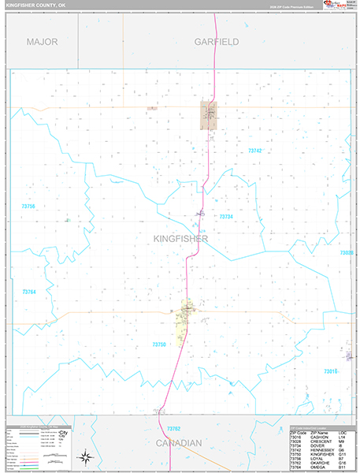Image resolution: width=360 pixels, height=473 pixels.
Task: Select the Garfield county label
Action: [x=217, y=41]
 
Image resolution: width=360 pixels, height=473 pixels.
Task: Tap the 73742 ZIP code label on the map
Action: [x=254, y=151]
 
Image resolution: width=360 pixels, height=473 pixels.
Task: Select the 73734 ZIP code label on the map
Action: [x=227, y=217]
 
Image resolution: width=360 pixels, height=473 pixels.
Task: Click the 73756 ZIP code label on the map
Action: [x=28, y=207]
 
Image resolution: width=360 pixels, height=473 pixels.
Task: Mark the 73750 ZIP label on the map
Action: [x=159, y=345]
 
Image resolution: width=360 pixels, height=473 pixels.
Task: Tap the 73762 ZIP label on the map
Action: [x=174, y=429]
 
